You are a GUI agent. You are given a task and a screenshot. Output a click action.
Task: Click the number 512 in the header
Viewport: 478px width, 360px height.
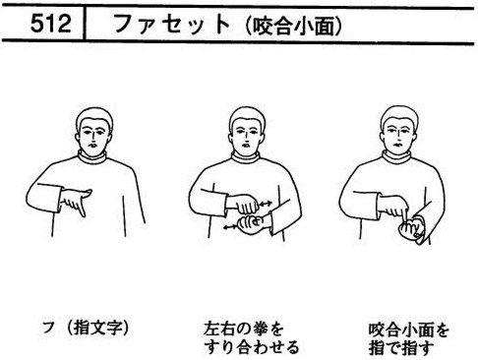pos(51,24)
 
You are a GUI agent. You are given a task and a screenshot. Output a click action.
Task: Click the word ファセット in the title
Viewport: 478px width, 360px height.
pos(172,24)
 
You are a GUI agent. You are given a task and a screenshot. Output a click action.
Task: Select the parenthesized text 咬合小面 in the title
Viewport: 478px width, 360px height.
pos(293,26)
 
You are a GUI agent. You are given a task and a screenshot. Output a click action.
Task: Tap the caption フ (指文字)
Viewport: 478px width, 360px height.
pos(86,329)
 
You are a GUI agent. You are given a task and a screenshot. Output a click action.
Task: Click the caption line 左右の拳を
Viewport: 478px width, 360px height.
pos(243,329)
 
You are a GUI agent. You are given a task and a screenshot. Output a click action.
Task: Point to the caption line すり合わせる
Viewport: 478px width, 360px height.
pos(251,347)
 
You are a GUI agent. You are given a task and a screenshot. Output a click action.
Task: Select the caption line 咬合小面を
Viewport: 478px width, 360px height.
pos(409,330)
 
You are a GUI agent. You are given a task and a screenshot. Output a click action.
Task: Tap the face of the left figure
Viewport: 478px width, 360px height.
pos(94,136)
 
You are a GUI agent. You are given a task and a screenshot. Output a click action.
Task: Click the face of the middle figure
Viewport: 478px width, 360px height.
pos(248,136)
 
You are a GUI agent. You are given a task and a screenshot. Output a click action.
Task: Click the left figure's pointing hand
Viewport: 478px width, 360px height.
pos(76,201)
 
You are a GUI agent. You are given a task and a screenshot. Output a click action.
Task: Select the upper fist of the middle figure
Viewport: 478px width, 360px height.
pos(244,204)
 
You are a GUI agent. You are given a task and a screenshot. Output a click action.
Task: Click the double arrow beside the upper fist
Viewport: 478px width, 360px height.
pos(266,204)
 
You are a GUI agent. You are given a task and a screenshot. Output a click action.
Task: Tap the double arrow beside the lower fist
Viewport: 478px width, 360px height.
pos(230,227)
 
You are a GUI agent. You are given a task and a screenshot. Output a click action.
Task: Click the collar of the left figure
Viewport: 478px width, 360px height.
pos(92,155)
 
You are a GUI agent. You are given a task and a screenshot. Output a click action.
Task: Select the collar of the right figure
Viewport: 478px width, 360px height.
pos(397,155)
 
